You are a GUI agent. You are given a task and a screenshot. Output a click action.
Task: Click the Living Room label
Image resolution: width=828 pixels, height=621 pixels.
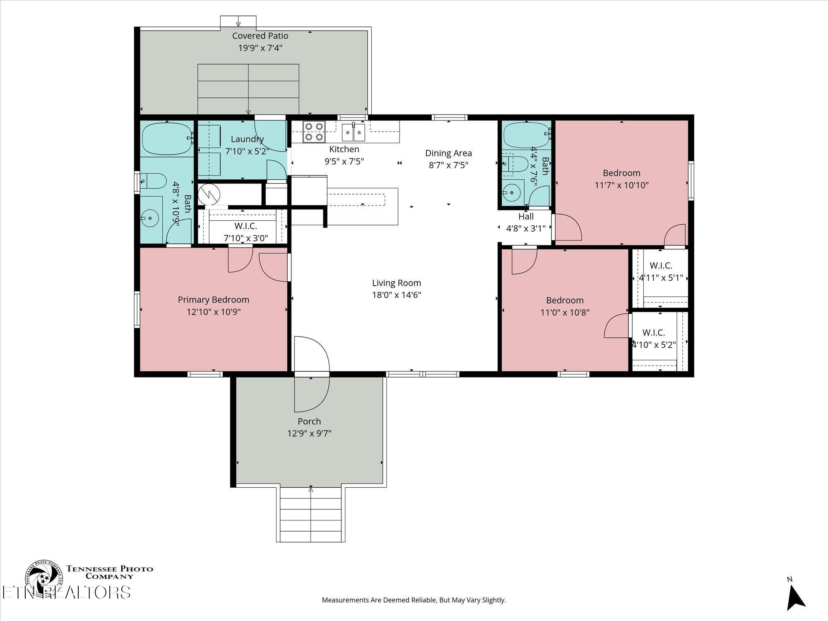coord(396,283)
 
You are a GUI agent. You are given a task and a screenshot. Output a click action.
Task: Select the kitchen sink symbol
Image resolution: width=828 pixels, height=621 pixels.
coord(353,132)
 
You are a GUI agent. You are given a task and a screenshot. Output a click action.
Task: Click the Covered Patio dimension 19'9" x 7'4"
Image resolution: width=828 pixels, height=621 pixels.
coord(260,48)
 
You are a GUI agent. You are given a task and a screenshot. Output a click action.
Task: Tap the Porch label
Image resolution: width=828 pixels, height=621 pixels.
coord(309,421)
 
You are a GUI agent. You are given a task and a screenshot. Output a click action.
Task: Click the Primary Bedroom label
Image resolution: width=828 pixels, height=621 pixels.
coord(213,300)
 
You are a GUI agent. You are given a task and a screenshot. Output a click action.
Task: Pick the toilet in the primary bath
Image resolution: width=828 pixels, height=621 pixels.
coord(152,181)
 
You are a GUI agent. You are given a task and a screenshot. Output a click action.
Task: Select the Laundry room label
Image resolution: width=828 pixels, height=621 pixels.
coord(247,139)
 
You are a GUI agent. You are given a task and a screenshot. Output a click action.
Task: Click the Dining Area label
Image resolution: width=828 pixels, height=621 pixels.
coord(448,153)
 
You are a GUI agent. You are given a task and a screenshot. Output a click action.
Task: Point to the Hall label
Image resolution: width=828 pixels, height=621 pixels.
coord(526,217)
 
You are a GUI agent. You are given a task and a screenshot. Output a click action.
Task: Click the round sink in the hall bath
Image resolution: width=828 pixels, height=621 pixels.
coord(512,193)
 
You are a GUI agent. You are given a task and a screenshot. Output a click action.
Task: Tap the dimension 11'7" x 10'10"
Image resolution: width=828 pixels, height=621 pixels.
coord(621,185)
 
